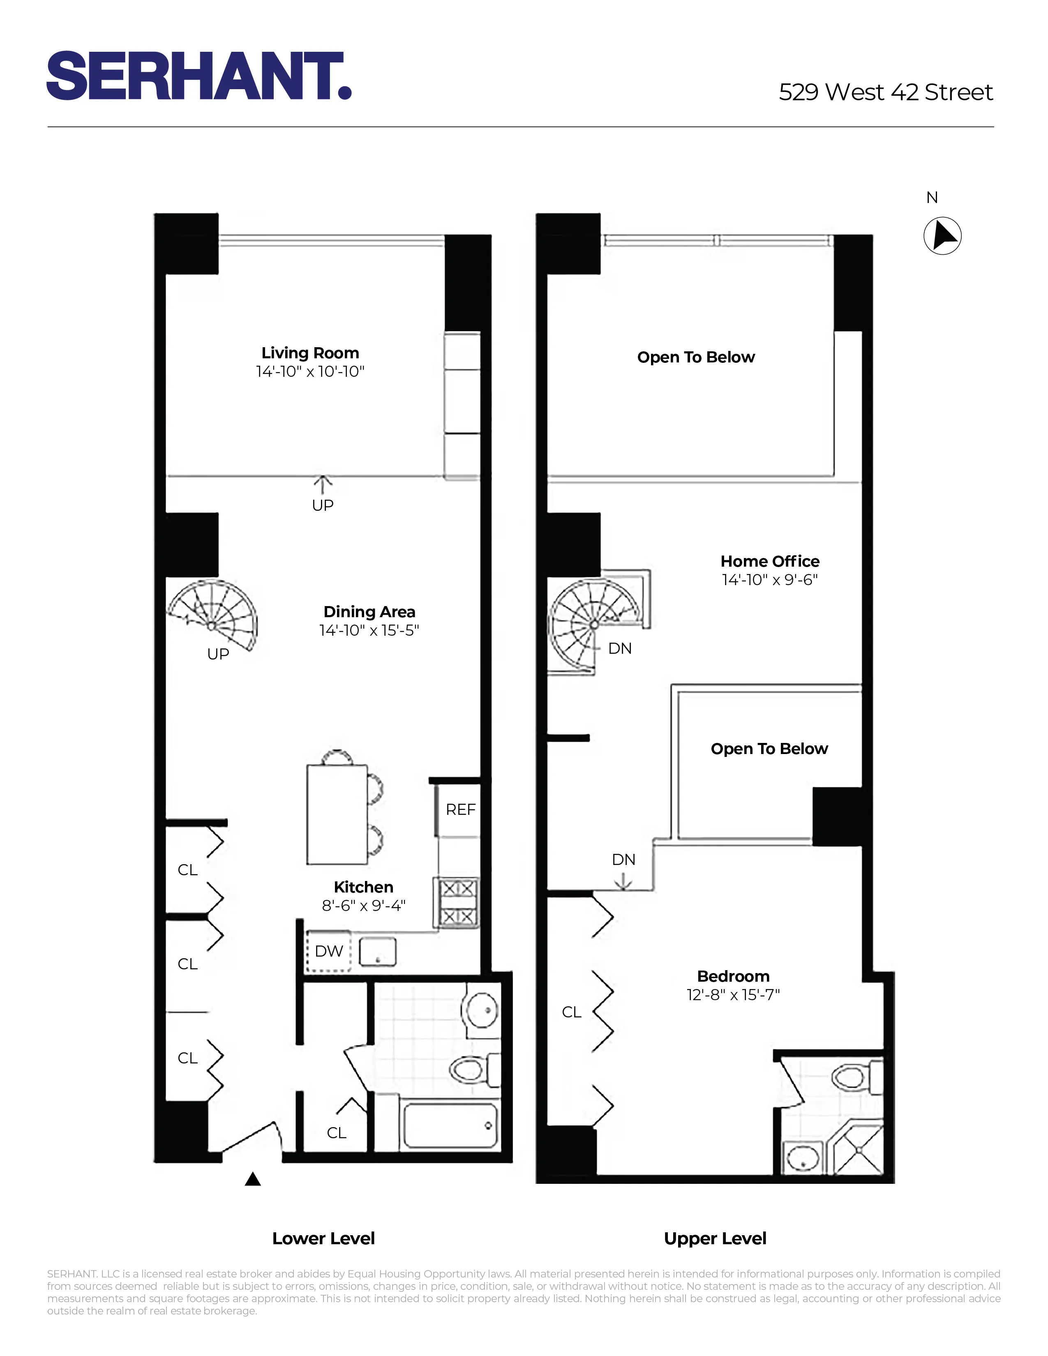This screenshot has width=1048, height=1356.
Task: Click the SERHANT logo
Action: click(x=199, y=76)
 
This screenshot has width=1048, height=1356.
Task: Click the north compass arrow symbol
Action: click(x=942, y=236)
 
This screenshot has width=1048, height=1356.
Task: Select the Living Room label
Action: click(x=310, y=353)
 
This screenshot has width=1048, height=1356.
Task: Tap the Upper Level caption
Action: click(x=715, y=1238)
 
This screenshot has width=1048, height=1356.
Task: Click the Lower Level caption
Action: click(x=323, y=1238)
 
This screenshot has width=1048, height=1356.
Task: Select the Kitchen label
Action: click(x=363, y=887)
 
